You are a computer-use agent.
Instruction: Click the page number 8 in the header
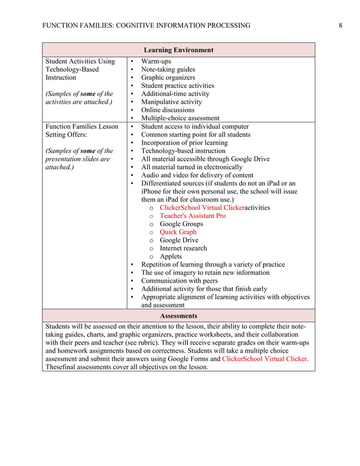341,25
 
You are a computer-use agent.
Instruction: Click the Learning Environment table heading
178,50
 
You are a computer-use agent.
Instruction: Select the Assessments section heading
178,316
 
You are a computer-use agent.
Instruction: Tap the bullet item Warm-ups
156,61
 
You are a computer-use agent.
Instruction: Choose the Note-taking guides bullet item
168,69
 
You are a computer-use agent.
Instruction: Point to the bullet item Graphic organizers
168,78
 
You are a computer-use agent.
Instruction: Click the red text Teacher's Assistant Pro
192,216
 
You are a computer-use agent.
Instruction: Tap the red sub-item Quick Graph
178,232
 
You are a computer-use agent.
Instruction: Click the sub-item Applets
170,256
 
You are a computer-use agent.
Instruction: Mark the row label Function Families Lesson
82,126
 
